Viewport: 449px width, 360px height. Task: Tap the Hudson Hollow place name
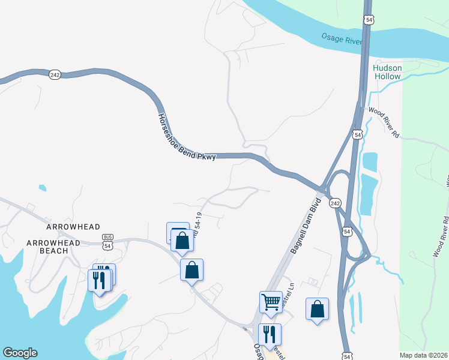coord(387,72)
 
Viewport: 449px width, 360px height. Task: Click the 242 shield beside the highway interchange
coord(335,203)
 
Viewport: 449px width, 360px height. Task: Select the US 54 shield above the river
coord(368,20)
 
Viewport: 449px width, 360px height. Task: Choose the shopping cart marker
coord(271,301)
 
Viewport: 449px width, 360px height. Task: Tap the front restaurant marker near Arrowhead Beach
coord(99,280)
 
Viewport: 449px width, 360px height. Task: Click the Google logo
coord(20,353)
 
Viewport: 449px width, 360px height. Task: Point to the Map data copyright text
coord(423,355)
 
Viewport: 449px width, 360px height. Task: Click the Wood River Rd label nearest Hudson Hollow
coord(384,122)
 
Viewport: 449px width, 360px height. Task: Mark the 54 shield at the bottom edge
coord(345,355)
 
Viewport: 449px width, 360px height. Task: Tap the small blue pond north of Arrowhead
coord(42,188)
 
